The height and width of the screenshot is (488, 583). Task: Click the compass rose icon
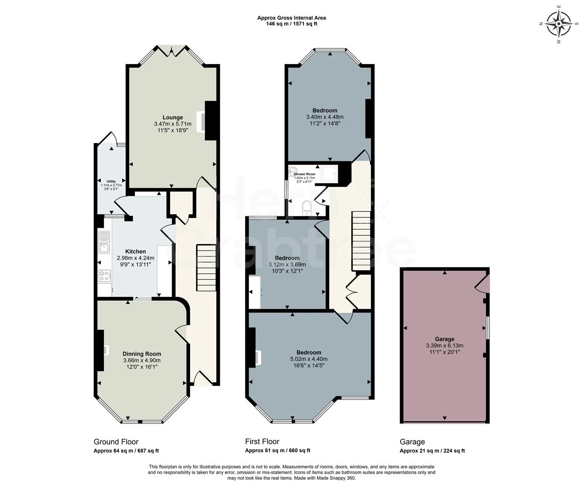pos(559,23)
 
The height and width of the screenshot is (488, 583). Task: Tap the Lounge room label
pos(173,117)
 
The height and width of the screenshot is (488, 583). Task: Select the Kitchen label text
pos(135,252)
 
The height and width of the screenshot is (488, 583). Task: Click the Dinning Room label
pos(142,354)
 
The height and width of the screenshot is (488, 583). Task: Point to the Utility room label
pos(111,181)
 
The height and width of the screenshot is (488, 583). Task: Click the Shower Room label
pos(304,174)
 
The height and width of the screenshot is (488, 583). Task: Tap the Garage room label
pos(444,339)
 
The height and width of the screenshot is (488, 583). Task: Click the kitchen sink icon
pos(105,242)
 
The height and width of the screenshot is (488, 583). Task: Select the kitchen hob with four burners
pos(105,275)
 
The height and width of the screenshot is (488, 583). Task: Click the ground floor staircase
pos(206,268)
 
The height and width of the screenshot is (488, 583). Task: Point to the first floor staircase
pos(361,242)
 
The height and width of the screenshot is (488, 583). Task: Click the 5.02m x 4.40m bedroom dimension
pos(309,359)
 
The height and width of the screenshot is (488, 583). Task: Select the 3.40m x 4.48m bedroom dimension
pos(325,117)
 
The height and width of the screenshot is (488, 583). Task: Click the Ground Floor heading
pos(116,441)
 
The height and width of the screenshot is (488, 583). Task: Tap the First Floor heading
pos(262,441)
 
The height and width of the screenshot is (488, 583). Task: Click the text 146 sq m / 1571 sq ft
pos(292,24)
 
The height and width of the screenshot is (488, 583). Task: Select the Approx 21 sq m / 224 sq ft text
pos(432,450)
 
